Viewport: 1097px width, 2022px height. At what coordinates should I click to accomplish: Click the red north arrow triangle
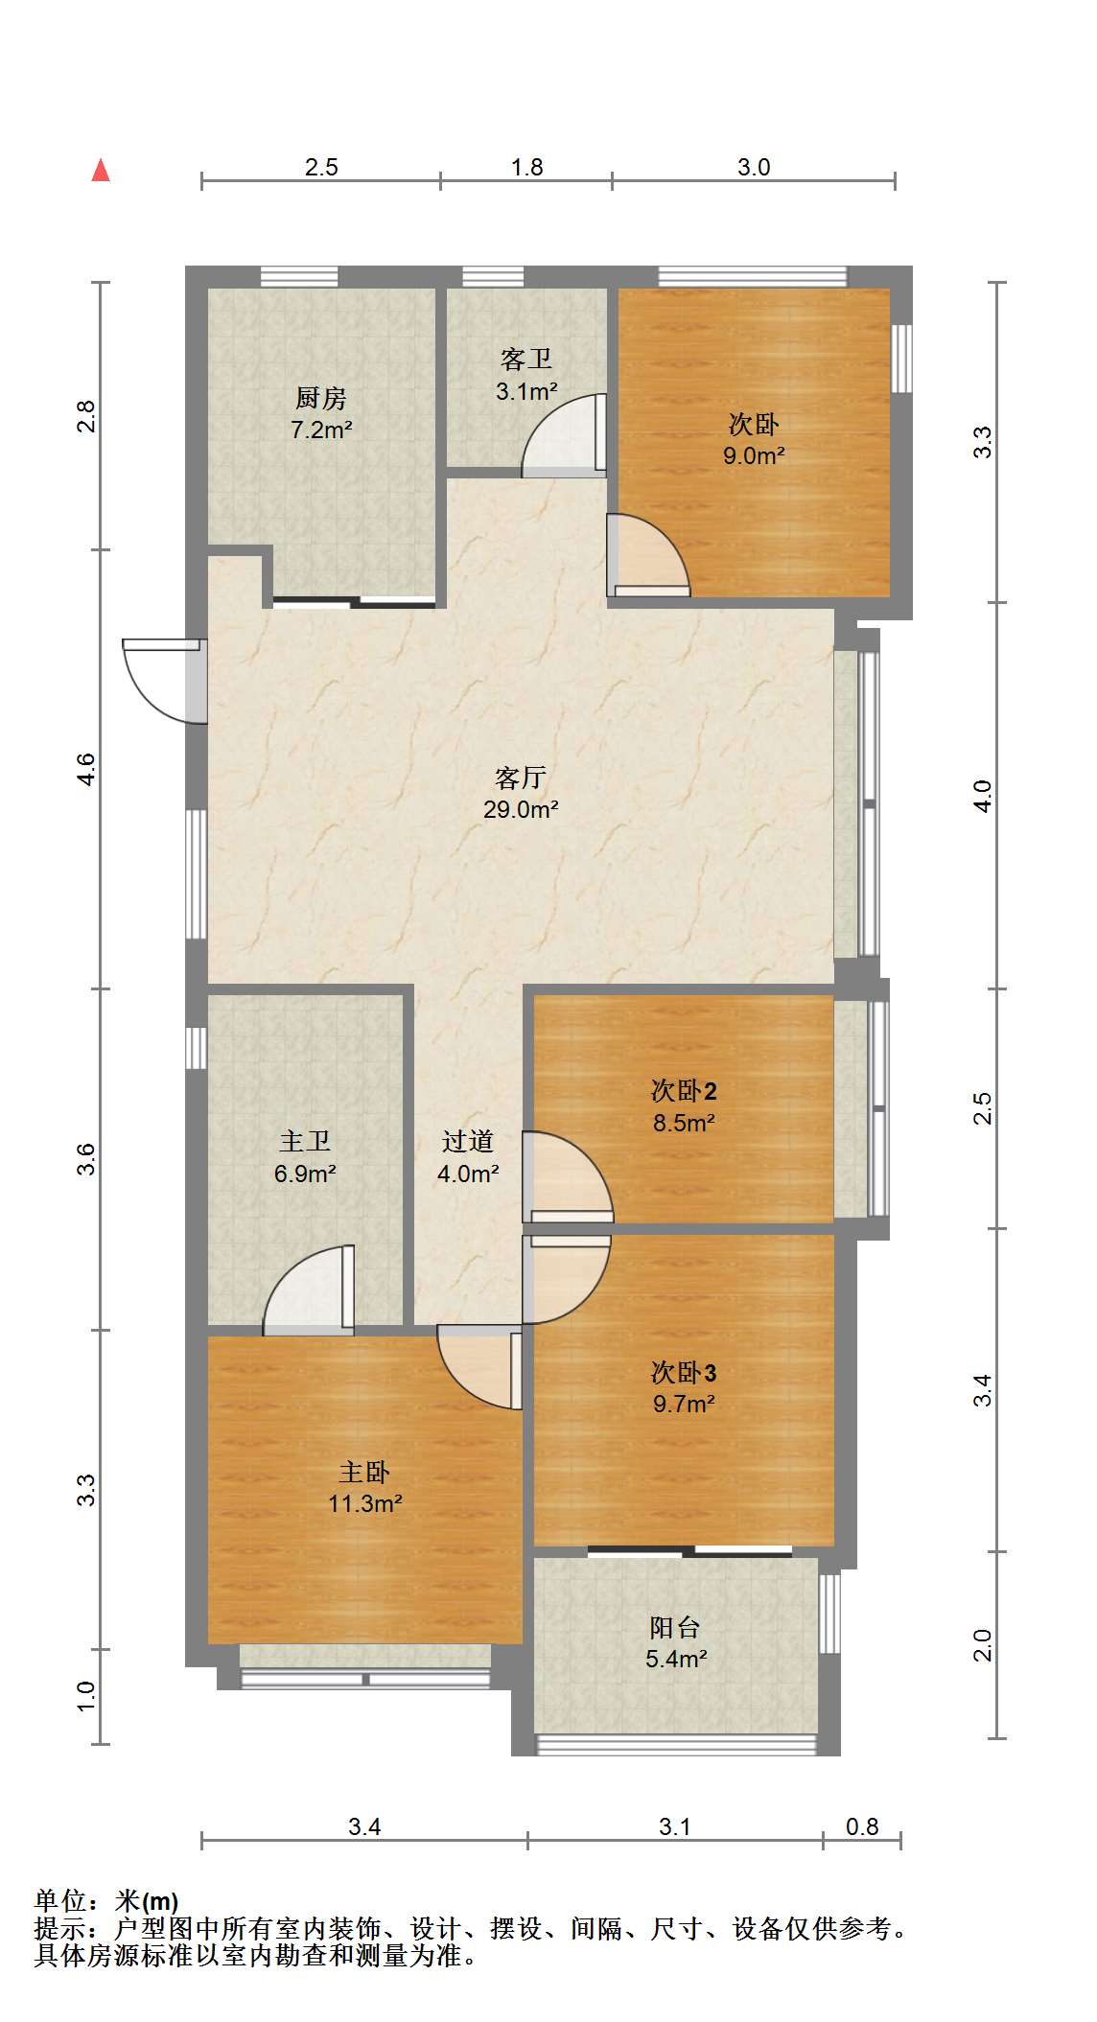coord(101,171)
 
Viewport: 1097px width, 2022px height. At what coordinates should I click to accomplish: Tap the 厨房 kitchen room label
coord(321,397)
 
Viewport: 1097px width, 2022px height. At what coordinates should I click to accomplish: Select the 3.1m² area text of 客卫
coord(526,391)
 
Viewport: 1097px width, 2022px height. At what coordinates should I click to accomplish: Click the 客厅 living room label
coord(521,777)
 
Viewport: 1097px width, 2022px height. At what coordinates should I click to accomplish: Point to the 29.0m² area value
coord(521,809)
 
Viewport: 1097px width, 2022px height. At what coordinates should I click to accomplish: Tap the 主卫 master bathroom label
coord(305,1141)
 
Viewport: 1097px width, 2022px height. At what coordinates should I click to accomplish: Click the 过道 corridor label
coord(468,1141)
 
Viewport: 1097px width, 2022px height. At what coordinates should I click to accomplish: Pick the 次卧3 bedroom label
coord(684,1372)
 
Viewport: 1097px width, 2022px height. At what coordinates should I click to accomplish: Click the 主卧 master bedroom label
coord(364,1471)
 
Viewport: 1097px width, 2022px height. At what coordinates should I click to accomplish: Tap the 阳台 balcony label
coord(676,1626)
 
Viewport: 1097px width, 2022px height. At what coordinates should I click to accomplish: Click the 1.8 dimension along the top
coord(526,167)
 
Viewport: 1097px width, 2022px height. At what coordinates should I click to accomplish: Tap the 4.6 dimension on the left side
coord(86,770)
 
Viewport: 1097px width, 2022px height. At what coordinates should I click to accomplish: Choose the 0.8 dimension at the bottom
coord(862,1826)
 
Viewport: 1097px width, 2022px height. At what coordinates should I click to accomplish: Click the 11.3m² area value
coord(364,1503)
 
